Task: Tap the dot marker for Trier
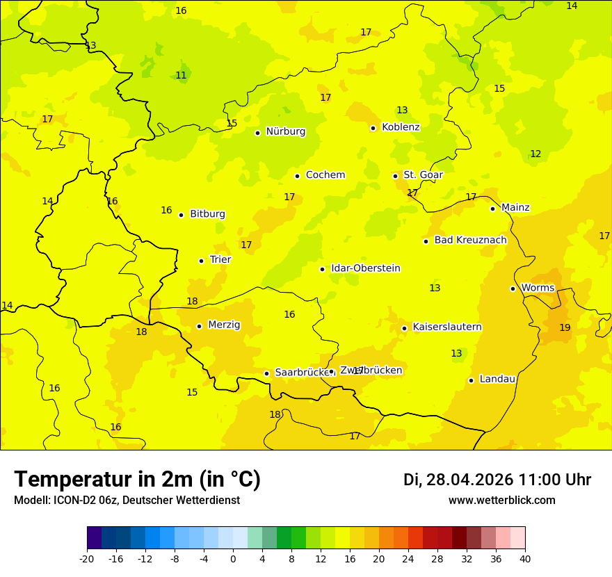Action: point(202,261)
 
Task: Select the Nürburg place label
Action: point(285,131)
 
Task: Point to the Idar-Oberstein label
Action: point(365,268)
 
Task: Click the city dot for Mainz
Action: point(492,209)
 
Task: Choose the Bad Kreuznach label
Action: point(470,241)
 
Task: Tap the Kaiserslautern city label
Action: point(447,327)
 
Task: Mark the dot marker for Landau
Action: point(471,380)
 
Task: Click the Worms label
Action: point(538,288)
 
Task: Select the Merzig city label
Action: point(224,325)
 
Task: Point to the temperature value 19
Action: point(565,327)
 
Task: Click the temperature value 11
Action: point(181,75)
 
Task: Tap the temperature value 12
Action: point(535,154)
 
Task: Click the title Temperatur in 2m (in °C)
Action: point(137,479)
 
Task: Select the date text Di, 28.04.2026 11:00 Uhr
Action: point(497,480)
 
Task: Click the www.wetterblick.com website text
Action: point(501,501)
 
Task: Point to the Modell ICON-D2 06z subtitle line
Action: point(127,501)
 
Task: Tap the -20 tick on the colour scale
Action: point(87,559)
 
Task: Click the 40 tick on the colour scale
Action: point(525,559)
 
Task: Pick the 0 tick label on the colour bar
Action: point(233,559)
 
